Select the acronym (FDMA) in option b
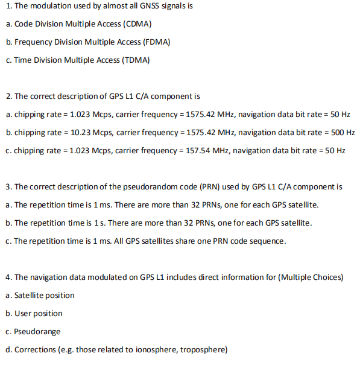point(157,42)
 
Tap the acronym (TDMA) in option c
point(136,60)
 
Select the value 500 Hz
point(343,132)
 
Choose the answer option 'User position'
point(39,314)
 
